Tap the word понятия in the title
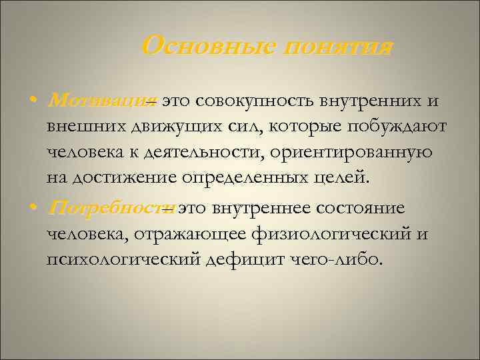339,47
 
